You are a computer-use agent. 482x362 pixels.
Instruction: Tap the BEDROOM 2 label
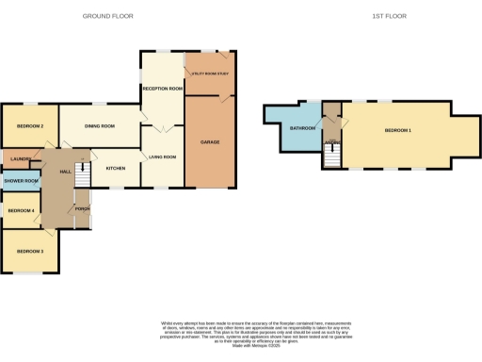[x=30, y=125]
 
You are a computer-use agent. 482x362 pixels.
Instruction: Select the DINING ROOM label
[x=100, y=125]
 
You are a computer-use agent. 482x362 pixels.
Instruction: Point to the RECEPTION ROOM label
[x=162, y=88]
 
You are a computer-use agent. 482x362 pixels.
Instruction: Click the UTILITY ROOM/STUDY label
[x=211, y=73]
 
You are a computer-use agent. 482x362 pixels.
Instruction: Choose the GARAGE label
[x=210, y=141]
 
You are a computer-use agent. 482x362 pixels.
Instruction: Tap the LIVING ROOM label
[x=163, y=156]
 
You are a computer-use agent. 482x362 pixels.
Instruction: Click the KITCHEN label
[x=115, y=168]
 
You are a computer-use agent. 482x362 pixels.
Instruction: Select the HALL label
[x=66, y=172]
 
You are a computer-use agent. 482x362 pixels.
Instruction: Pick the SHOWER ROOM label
[x=21, y=180]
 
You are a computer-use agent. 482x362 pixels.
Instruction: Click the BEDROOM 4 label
[x=21, y=210]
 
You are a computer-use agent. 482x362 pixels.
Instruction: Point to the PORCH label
[x=82, y=208]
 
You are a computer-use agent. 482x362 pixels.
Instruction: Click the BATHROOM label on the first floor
[x=302, y=127]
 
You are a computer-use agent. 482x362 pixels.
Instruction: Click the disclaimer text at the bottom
[x=241, y=334]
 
